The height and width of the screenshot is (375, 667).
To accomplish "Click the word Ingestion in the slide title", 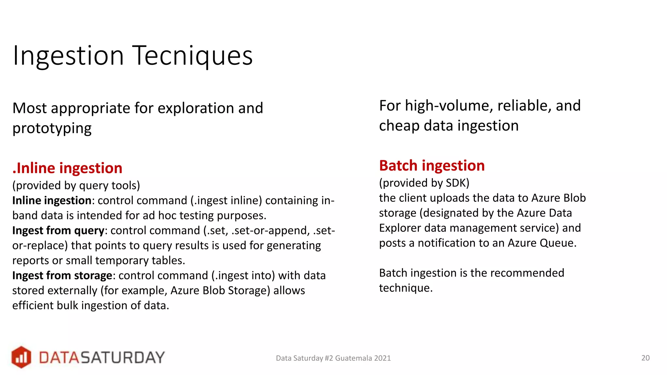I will click(68, 56).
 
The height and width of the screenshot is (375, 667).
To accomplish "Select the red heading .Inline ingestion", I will click(67, 168).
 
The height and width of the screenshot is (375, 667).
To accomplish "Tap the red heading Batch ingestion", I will click(432, 166).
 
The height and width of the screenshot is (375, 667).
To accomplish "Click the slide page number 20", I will click(645, 358).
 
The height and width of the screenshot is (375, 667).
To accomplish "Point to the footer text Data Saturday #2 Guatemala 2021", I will click(333, 358).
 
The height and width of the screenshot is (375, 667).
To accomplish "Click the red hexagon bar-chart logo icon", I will click(21, 357).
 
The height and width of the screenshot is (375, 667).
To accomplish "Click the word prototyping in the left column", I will click(52, 128).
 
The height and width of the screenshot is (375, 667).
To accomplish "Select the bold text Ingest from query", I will click(58, 230).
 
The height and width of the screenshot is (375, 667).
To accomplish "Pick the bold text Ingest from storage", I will click(62, 275).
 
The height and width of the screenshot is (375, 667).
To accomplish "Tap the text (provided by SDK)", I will click(424, 183).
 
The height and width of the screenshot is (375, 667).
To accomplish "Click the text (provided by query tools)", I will click(76, 185).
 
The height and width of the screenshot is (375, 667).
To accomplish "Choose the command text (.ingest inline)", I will click(226, 201).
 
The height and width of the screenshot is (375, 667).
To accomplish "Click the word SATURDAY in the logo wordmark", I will click(122, 357).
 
